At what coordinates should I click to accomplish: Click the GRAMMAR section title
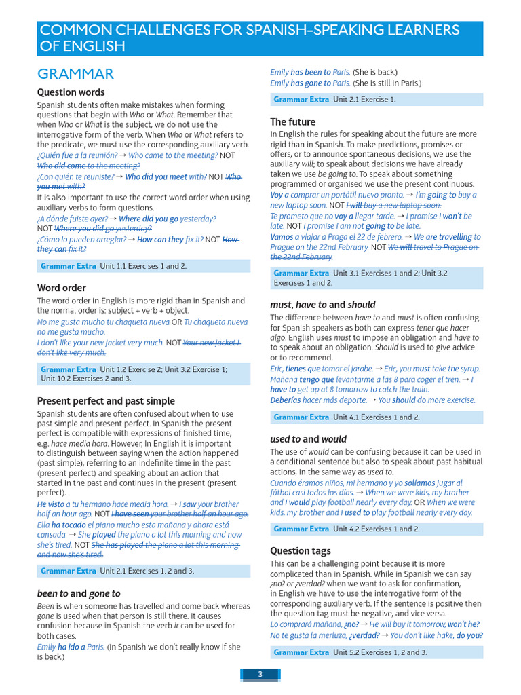point(75,74)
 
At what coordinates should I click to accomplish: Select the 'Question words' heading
point(71,92)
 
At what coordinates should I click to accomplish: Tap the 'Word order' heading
point(62,288)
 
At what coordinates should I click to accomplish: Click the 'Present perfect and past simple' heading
point(106,401)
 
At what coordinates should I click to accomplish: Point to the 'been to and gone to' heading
point(78,593)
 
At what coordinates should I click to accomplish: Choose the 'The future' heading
point(292,122)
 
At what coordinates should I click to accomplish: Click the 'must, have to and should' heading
point(322,305)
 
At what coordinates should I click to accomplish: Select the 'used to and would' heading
point(308,439)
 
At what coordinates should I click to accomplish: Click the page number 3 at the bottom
point(260,674)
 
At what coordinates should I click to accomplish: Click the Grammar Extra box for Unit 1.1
point(144,266)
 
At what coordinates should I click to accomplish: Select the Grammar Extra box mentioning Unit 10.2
point(144,374)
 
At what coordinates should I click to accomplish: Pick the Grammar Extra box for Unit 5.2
point(377,652)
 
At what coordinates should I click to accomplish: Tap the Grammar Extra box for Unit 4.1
point(377,417)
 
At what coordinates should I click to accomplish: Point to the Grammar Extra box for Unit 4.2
point(377,529)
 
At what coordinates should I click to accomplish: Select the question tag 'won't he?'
point(463,624)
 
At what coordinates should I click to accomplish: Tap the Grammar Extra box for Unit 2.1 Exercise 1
point(377,99)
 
